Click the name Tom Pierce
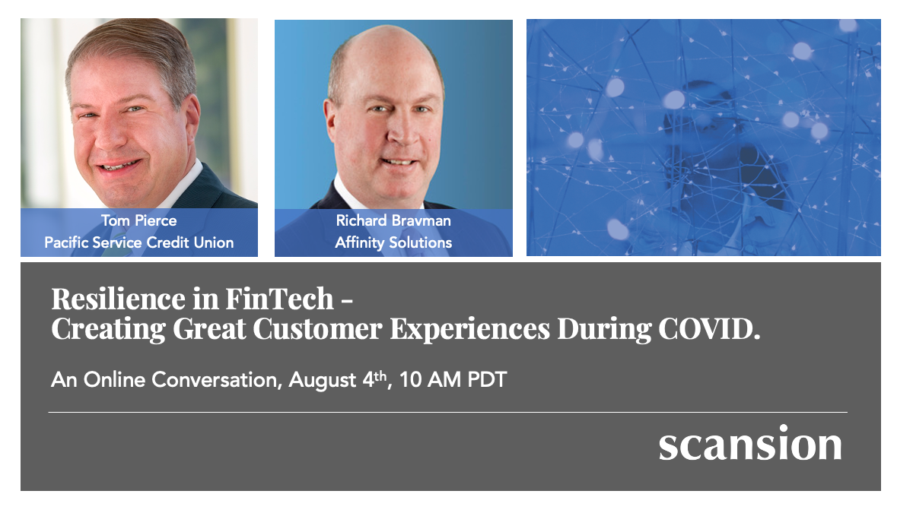click(x=138, y=221)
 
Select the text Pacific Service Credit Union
click(x=138, y=243)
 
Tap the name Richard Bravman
click(x=393, y=221)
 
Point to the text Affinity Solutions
click(x=393, y=243)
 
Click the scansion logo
click(x=750, y=444)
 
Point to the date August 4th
click(x=339, y=379)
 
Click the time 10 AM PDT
click(x=453, y=379)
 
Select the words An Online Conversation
click(x=163, y=379)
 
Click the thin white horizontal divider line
click(x=447, y=412)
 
